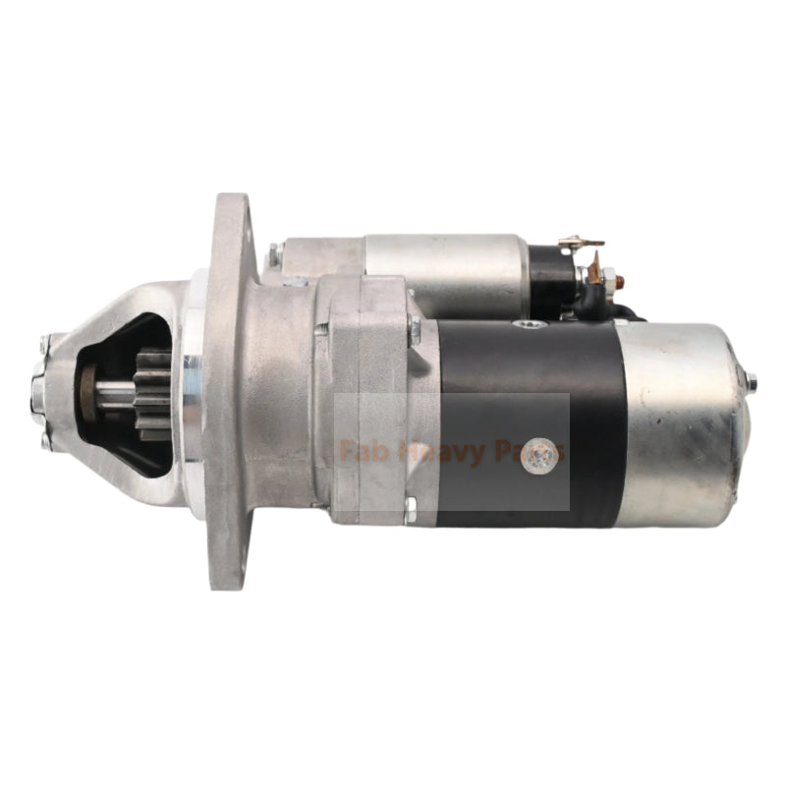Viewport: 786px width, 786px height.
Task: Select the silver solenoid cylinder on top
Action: coord(447,264)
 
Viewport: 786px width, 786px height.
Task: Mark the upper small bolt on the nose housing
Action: coord(45,343)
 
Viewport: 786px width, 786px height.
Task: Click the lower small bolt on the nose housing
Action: coord(45,443)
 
